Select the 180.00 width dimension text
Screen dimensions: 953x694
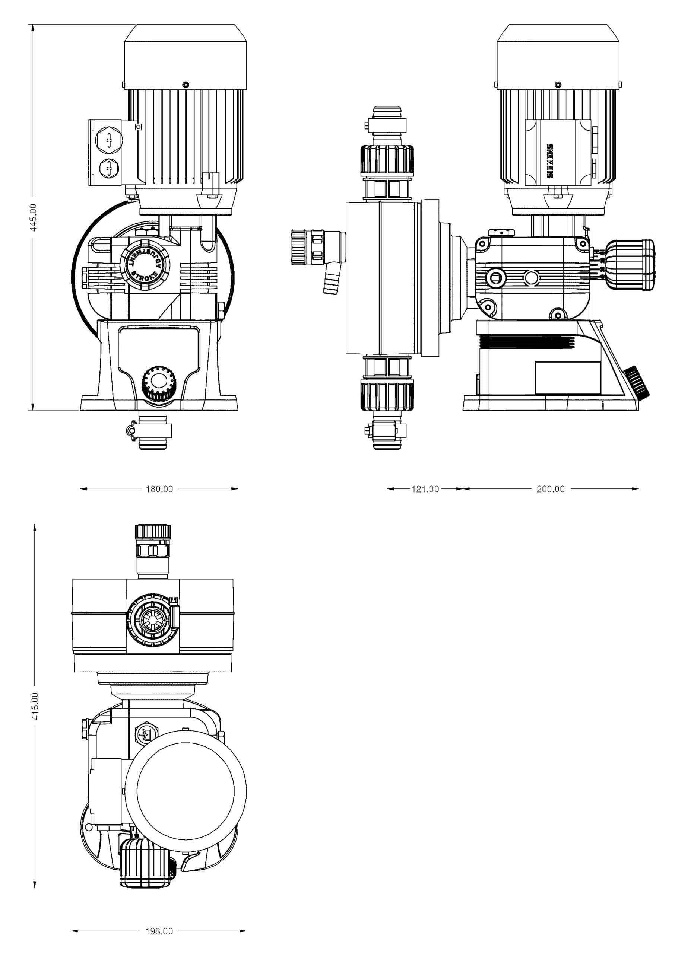pyautogui.click(x=159, y=489)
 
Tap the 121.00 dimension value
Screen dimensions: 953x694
pyautogui.click(x=425, y=489)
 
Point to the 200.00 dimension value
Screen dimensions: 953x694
pyautogui.click(x=551, y=489)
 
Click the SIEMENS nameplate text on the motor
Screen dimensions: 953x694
pyautogui.click(x=550, y=161)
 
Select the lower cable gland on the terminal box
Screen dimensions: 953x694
pyautogui.click(x=109, y=169)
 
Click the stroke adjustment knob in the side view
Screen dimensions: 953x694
pyautogui.click(x=631, y=265)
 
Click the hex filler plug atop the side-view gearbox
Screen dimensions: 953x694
pyautogui.click(x=501, y=233)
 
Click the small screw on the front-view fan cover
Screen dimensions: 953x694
pyautogui.click(x=186, y=85)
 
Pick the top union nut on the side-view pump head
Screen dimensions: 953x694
pyautogui.click(x=387, y=160)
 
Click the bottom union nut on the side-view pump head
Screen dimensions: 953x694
pyautogui.click(x=387, y=396)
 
